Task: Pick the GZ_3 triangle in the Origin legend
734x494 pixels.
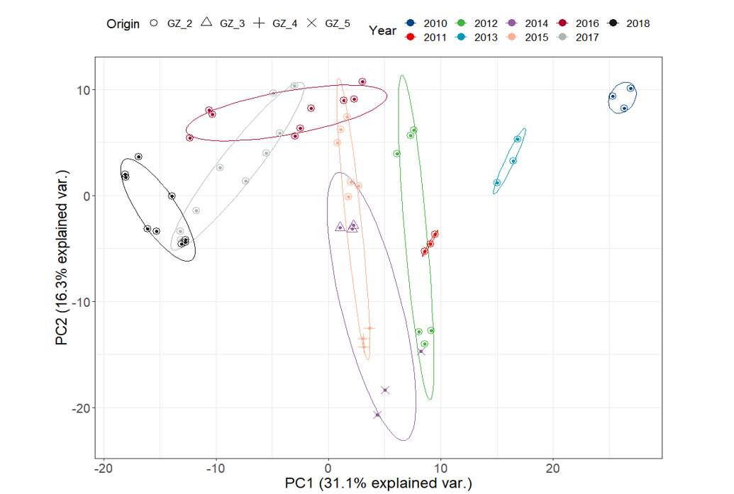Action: point(206,23)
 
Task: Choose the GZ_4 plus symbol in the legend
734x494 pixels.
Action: point(259,23)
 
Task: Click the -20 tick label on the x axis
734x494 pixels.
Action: point(104,468)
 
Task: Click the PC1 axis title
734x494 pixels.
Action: point(378,484)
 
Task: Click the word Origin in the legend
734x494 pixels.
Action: point(123,23)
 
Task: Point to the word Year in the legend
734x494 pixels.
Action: point(383,30)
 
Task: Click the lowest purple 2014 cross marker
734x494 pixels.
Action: point(377,415)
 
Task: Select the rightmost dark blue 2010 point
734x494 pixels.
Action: point(630,89)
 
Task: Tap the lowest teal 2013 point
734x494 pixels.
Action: point(497,183)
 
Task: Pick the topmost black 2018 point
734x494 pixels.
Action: point(138,157)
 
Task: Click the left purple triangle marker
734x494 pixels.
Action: point(340,227)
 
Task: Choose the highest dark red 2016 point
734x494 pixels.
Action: point(362,82)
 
